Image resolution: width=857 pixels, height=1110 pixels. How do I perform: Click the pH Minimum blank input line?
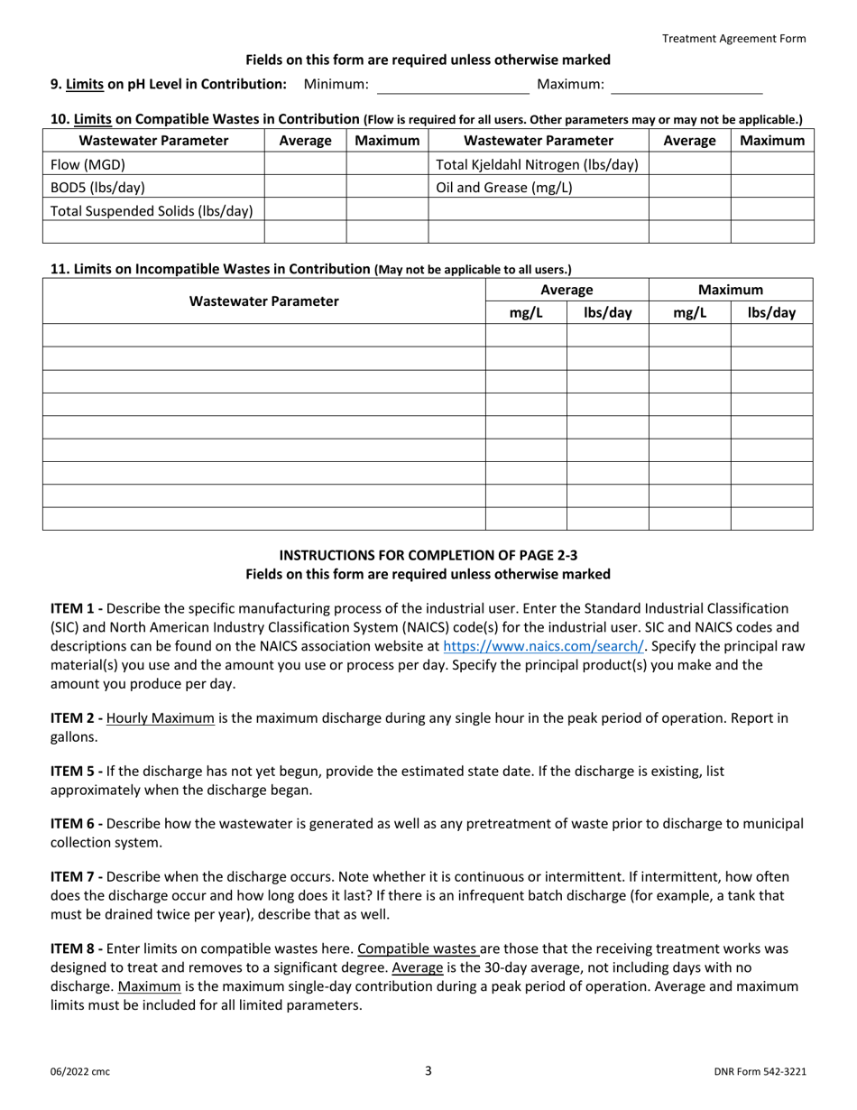(453, 86)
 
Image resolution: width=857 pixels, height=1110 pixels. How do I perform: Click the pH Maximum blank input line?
(687, 86)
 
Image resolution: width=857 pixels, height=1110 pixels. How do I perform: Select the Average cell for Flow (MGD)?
(305, 164)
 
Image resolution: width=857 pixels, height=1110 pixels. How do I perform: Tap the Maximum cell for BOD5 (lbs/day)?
(387, 188)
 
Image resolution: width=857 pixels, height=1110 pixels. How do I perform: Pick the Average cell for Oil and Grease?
(689, 188)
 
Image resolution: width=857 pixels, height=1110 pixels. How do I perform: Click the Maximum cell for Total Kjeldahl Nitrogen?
(772, 164)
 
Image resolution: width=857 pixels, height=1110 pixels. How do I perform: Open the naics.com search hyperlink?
(544, 646)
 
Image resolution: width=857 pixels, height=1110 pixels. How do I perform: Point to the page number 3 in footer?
(428, 1071)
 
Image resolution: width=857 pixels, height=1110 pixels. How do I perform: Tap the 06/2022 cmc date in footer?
(80, 1072)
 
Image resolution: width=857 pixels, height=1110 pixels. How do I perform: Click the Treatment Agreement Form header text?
(734, 38)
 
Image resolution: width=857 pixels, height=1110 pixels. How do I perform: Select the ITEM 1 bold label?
(76, 609)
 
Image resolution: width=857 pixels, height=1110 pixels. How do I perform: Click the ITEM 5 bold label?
(76, 772)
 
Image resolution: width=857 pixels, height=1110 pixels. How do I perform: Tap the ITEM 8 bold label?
(76, 948)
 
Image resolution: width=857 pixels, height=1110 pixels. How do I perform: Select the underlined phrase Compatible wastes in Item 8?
(418, 948)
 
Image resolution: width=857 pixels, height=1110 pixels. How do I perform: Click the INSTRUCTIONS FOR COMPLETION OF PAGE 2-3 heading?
(428, 556)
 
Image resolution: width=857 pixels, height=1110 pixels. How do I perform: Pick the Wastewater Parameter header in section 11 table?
(264, 301)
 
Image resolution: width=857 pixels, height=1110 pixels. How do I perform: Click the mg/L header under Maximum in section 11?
(689, 313)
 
